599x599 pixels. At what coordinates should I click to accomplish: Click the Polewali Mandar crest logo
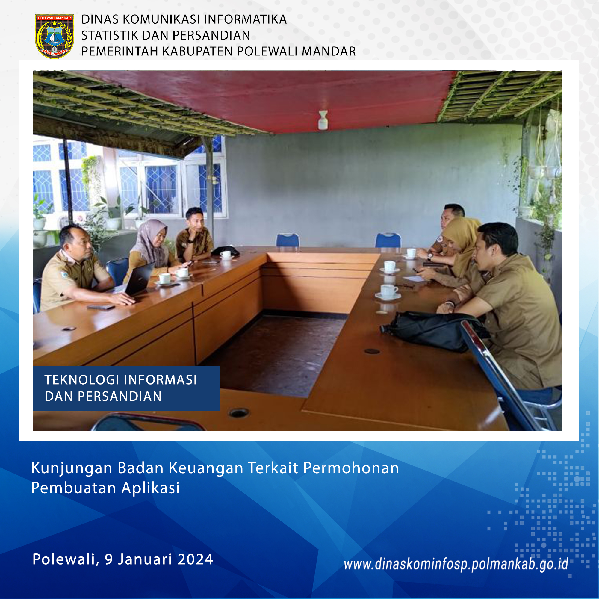point(54,36)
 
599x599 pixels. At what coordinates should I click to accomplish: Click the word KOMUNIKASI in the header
point(161,19)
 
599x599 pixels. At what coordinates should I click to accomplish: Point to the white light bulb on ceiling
point(323,120)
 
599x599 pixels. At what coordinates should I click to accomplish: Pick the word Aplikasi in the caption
point(150,488)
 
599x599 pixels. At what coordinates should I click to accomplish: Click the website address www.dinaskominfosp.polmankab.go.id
point(456,564)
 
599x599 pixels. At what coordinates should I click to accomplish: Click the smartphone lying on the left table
point(101,307)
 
